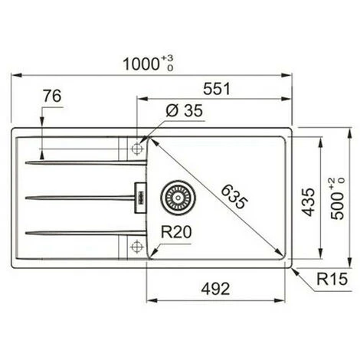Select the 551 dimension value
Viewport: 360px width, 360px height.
(217, 89)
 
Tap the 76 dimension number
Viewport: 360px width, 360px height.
(52, 96)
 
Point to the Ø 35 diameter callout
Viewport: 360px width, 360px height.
(184, 110)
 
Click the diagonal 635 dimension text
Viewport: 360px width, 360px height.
(234, 197)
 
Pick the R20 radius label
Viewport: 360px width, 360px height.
(176, 232)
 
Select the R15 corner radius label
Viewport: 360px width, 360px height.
(332, 279)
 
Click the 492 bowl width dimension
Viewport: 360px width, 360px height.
(215, 289)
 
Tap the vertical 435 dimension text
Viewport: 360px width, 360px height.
(308, 202)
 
